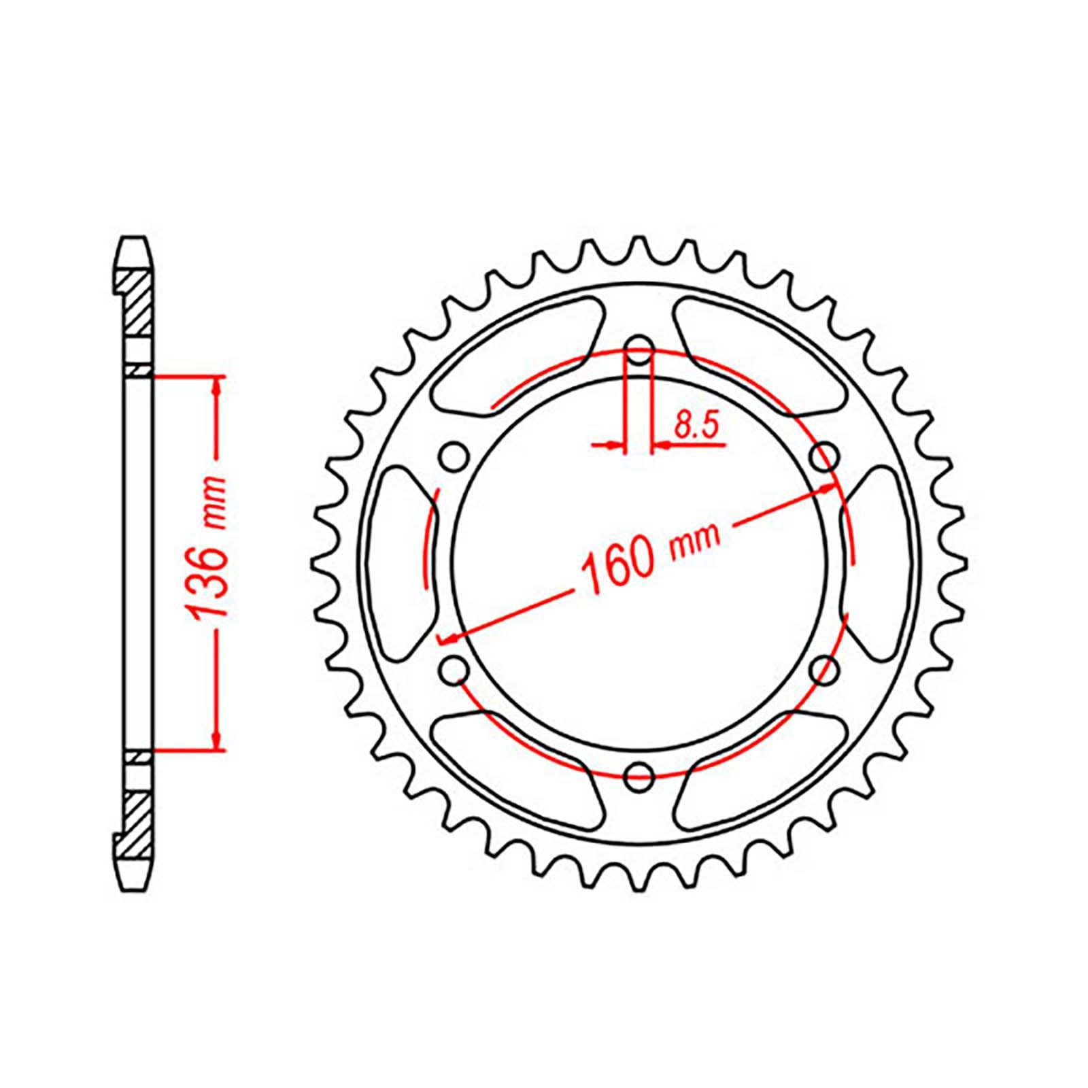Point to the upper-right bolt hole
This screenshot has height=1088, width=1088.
coord(823,456)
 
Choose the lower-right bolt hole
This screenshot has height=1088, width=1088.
coord(823,670)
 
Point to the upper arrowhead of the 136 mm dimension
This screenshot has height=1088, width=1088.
coord(217,386)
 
